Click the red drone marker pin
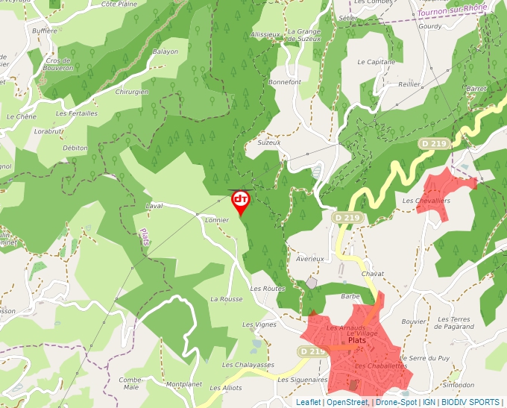[x=241, y=201]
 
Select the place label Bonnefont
[x=285, y=82]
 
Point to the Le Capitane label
[x=377, y=62]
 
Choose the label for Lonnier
[x=216, y=220]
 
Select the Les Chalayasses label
[x=248, y=365]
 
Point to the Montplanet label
[x=184, y=384]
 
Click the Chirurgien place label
[x=132, y=92]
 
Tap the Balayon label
[x=166, y=52]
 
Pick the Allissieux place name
[x=265, y=34]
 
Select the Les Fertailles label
[x=77, y=113]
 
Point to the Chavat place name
[x=372, y=274]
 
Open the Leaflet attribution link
[x=308, y=402]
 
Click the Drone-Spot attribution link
[x=396, y=402]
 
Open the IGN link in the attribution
[x=429, y=402]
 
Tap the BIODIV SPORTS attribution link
[x=470, y=402]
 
